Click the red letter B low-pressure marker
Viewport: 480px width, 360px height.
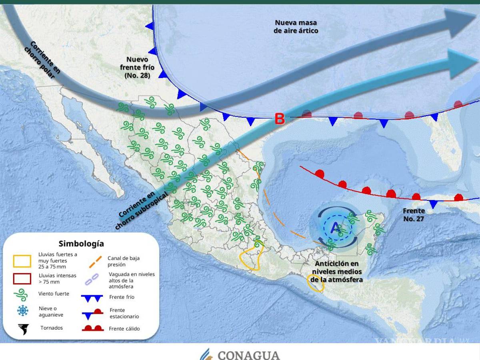(279, 118)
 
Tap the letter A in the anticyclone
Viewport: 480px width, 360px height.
(335, 227)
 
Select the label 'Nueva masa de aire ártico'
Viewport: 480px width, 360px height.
(296, 26)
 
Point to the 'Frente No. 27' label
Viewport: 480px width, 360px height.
(414, 214)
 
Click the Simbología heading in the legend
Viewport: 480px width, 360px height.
(81, 243)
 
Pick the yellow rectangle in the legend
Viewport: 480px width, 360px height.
(22, 261)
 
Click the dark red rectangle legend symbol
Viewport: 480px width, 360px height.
(22, 278)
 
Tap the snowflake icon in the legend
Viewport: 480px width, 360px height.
(23, 311)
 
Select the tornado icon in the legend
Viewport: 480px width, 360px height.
(24, 329)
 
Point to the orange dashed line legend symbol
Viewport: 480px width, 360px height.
(95, 261)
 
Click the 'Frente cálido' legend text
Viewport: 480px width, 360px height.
(124, 329)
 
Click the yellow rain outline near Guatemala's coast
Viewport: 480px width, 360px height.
(315, 283)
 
